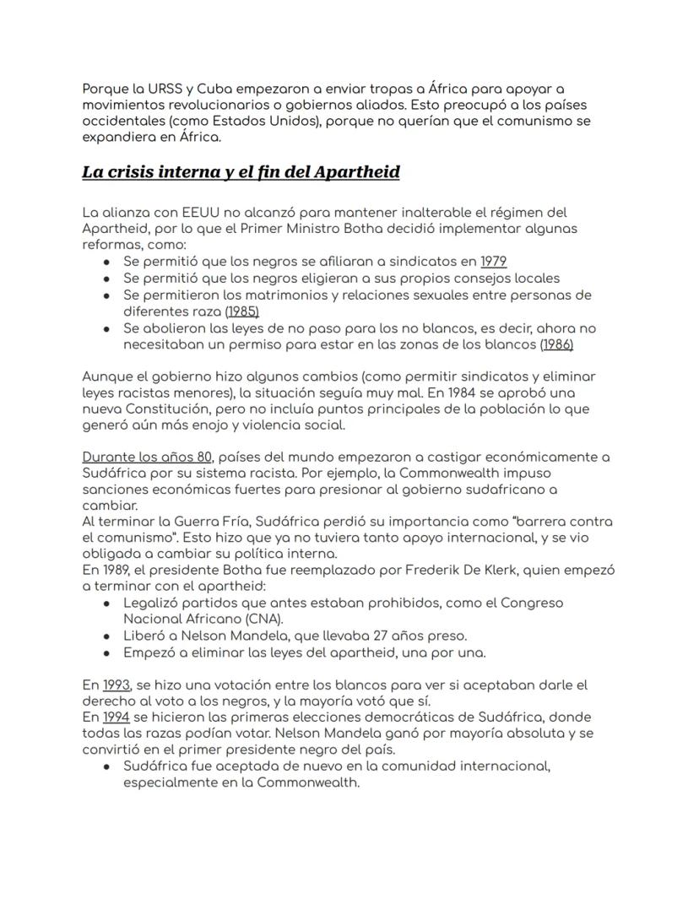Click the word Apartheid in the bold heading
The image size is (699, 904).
point(356,172)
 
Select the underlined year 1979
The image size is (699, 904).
point(493,262)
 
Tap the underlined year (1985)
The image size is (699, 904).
point(241,311)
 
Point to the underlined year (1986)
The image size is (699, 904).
point(557,344)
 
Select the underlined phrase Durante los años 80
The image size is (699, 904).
point(147,457)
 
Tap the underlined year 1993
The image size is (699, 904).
point(116,685)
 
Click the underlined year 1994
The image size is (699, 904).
point(116,717)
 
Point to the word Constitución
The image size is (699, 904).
point(162,409)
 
